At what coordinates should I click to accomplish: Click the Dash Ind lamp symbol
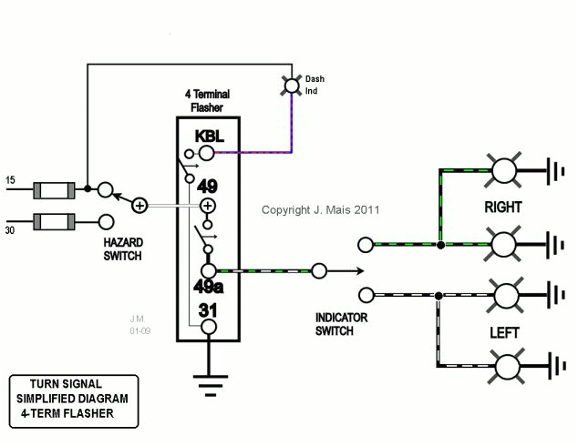pyautogui.click(x=293, y=86)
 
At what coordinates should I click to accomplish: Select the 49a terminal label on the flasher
pyautogui.click(x=208, y=289)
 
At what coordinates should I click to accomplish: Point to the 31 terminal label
pyautogui.click(x=208, y=309)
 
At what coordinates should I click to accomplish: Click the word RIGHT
pyautogui.click(x=502, y=207)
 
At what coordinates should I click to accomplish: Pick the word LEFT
pyautogui.click(x=503, y=333)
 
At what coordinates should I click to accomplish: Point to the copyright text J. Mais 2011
pyautogui.click(x=320, y=209)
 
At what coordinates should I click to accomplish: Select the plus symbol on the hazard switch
pyautogui.click(x=139, y=206)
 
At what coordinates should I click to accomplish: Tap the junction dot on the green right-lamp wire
pyautogui.click(x=440, y=244)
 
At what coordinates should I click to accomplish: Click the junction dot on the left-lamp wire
pyautogui.click(x=440, y=295)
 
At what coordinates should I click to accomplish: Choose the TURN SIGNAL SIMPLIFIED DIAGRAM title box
pyautogui.click(x=73, y=400)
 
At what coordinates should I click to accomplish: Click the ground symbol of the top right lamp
pyautogui.click(x=552, y=169)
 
